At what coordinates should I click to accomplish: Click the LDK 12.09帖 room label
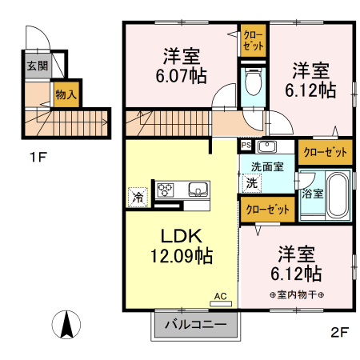(181, 247)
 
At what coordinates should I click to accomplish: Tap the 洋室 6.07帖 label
(182, 67)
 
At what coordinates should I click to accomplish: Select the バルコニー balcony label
(195, 325)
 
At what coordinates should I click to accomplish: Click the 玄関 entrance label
(36, 66)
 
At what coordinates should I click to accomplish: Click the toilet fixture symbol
(254, 83)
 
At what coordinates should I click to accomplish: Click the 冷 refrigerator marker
(138, 195)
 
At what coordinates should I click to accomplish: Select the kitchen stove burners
(166, 190)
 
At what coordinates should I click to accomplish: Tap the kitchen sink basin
(198, 190)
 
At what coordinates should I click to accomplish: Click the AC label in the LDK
(221, 297)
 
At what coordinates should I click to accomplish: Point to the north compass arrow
(68, 323)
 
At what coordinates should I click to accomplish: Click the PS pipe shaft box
(245, 146)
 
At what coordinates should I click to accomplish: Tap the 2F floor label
(339, 332)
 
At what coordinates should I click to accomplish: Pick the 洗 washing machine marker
(250, 182)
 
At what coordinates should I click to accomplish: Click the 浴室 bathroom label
(310, 193)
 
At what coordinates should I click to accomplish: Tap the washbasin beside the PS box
(266, 146)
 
